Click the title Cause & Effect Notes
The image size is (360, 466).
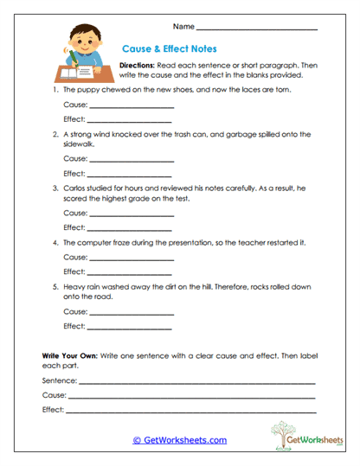point(168,49)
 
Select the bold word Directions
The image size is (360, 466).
point(138,66)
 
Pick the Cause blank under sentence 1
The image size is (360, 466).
point(131,107)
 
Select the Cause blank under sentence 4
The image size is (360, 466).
point(131,259)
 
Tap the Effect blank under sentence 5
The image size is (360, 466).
point(131,326)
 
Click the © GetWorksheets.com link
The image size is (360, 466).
point(180,440)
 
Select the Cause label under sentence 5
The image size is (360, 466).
point(75,311)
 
